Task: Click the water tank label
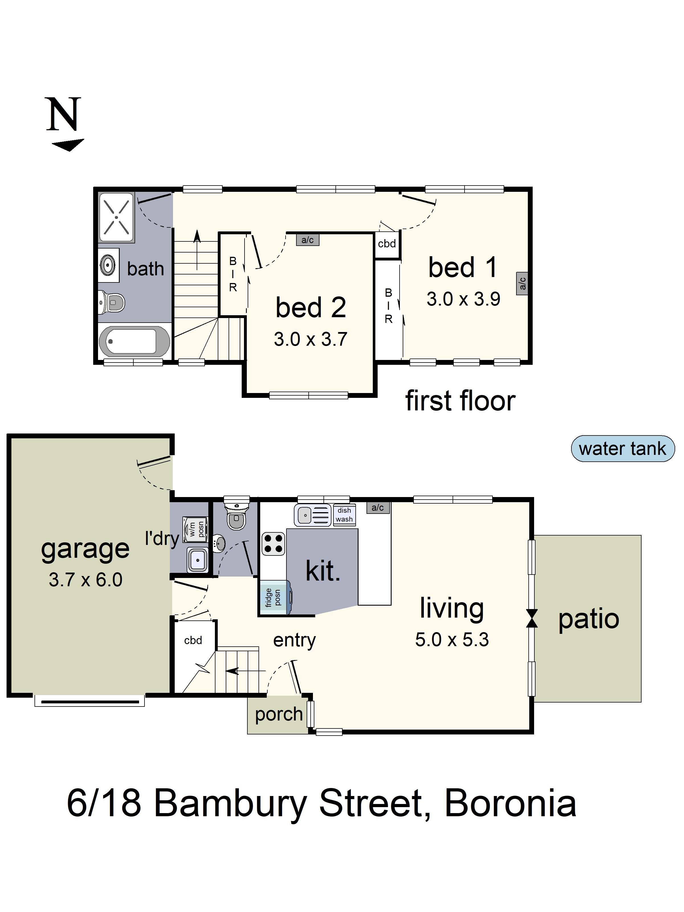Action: [x=622, y=449]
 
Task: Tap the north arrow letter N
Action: [x=63, y=115]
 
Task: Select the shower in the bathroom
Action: [x=116, y=217]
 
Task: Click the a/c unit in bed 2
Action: [x=308, y=240]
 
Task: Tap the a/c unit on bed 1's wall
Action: [x=522, y=283]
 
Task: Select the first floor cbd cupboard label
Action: [x=387, y=244]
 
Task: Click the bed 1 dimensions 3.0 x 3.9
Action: [x=463, y=299]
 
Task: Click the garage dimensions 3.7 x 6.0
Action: [x=85, y=580]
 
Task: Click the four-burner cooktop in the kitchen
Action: [x=273, y=543]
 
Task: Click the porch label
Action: [x=279, y=714]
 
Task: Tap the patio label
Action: [x=588, y=619]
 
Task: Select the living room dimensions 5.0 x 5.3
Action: [x=452, y=640]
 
